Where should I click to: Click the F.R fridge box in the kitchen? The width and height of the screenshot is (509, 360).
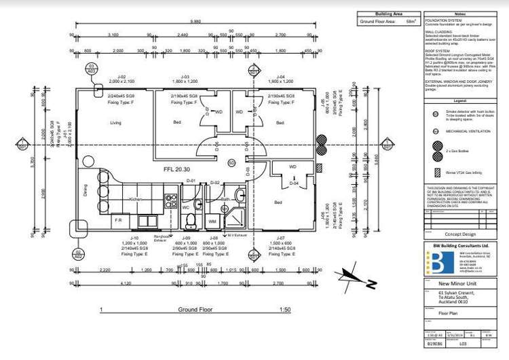118,220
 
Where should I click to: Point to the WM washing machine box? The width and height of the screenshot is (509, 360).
212,221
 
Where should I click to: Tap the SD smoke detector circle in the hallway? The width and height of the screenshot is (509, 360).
231,164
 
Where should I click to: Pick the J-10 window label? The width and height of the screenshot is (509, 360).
134,238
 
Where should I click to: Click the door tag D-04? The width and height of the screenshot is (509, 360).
295,183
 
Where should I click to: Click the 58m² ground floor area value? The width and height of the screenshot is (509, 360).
410,22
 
